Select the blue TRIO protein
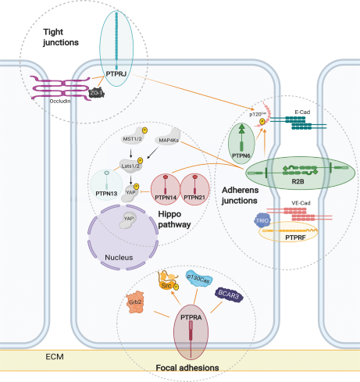[262, 223]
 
